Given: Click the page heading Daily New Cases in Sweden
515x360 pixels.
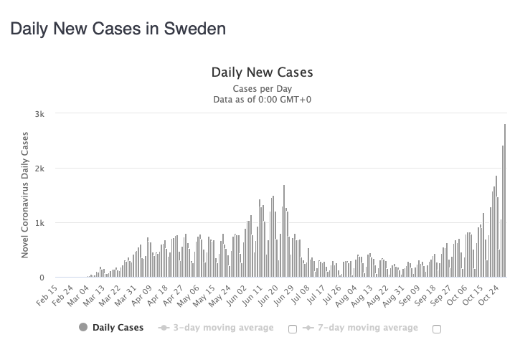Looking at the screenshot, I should pos(117,29).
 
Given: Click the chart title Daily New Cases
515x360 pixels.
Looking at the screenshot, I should pos(262,72).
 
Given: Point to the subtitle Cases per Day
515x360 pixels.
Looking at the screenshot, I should pos(262,88).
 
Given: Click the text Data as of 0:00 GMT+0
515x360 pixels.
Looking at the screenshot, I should pos(262,99).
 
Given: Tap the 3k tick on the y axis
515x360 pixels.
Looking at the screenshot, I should pos(39,114).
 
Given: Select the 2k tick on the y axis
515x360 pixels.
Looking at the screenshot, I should pos(39,169).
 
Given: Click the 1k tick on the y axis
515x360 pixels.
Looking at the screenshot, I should pos(39,223).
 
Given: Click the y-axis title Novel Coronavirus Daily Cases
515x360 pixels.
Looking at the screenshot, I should pos(24,195).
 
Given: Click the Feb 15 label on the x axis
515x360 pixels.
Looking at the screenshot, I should pos(47,294).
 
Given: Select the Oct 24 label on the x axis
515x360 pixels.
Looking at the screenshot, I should pos(489,294).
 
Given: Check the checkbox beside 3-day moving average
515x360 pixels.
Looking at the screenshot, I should pos(292,329).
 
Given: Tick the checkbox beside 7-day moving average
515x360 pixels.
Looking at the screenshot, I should pos(436,329).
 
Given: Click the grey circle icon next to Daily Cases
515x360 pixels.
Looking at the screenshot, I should pos(82,328).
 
